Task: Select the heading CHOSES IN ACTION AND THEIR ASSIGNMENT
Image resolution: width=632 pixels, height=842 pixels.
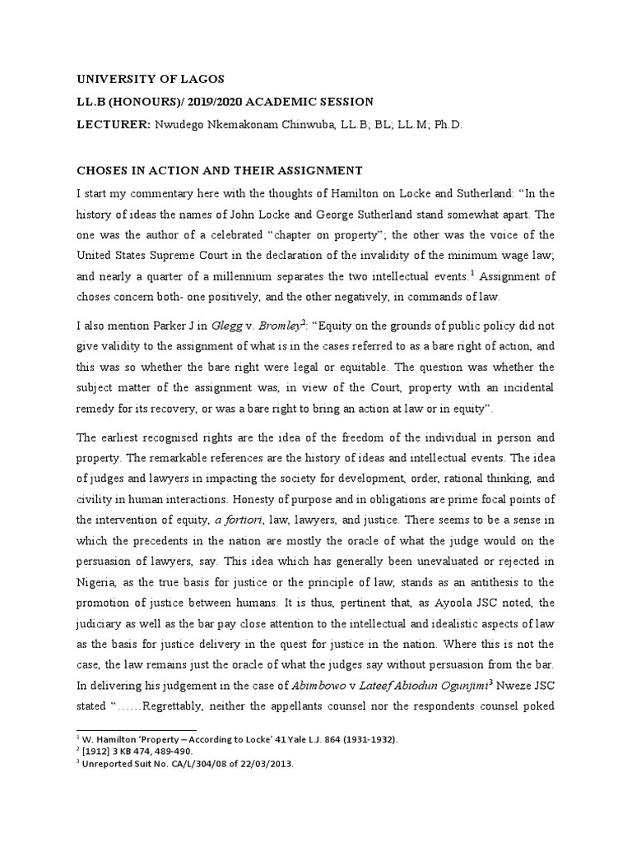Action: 220,171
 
